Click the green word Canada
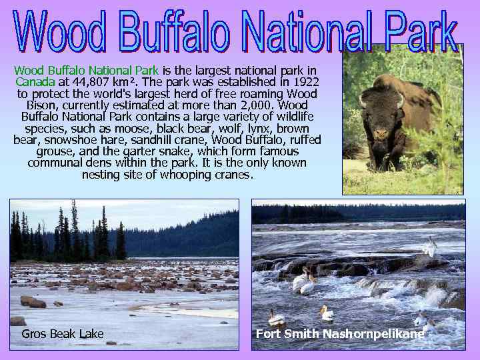(35, 82)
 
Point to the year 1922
(305, 82)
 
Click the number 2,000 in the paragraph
(255, 105)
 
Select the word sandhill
(182, 140)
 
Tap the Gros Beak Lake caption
(62, 333)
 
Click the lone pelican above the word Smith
(326, 313)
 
